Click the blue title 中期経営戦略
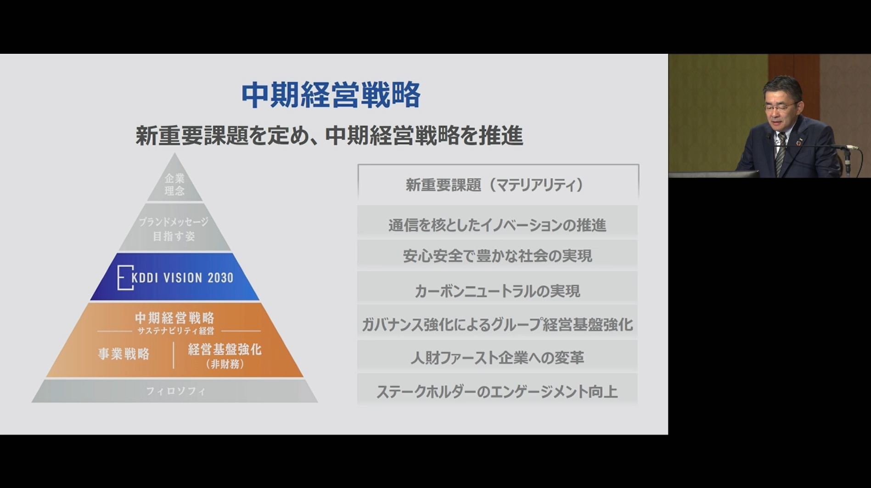tap(331, 95)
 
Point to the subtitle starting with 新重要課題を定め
tap(329, 135)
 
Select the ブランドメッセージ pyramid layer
tap(174, 229)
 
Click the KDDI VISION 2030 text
tap(182, 278)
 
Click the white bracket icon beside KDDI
tap(125, 277)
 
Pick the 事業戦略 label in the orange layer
tap(124, 354)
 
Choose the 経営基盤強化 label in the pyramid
tap(225, 350)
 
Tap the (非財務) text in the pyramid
tap(225, 365)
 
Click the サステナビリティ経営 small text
tap(176, 331)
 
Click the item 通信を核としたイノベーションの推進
tap(498, 225)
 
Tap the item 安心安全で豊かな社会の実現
tap(498, 256)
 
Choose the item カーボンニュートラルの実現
tap(498, 291)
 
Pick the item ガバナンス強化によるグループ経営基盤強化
tap(498, 325)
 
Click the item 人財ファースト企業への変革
tap(498, 358)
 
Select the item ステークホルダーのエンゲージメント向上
tap(498, 392)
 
